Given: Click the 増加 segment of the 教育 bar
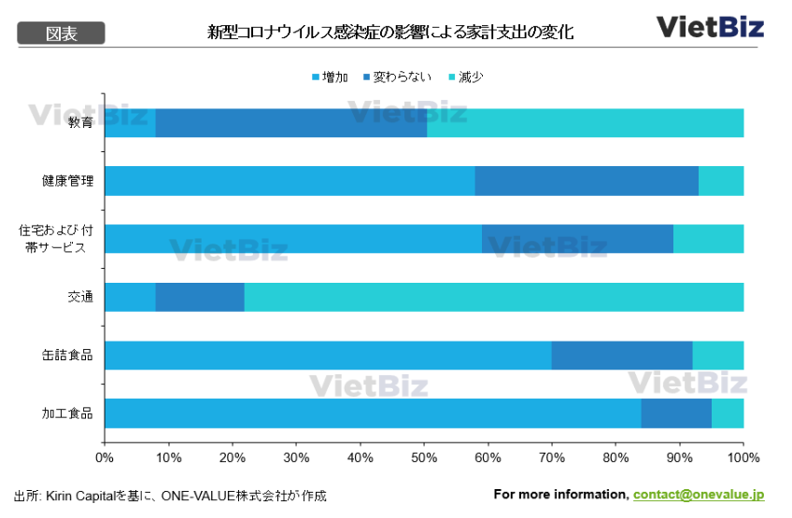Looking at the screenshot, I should click(130, 123).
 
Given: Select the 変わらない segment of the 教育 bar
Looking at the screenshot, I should click(290, 123).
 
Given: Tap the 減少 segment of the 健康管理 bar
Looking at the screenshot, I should click(721, 181).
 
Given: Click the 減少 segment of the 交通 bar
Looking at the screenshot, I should click(494, 297).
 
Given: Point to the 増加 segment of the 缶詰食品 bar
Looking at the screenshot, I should click(328, 356).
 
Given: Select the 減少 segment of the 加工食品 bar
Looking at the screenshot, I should click(728, 413).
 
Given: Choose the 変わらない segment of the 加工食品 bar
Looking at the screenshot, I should click(676, 413).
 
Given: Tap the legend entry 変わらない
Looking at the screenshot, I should click(397, 77).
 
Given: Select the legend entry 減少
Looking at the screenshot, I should click(466, 77).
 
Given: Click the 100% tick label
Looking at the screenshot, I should click(743, 457).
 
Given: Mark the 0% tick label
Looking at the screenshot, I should click(105, 457).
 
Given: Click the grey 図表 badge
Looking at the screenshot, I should click(62, 34).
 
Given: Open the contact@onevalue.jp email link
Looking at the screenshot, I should click(699, 495).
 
